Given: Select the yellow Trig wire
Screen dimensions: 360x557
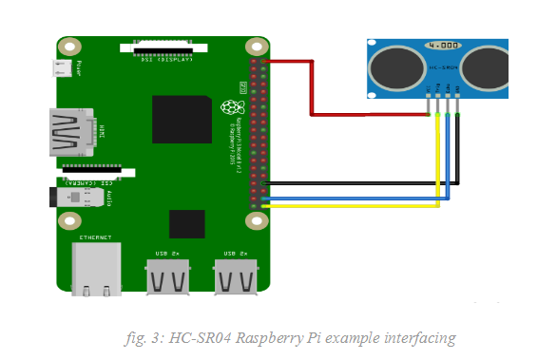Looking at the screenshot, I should [x=352, y=204].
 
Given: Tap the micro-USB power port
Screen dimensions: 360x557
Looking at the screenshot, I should [x=64, y=68].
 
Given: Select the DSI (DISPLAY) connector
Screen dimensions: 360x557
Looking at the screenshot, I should [x=160, y=47].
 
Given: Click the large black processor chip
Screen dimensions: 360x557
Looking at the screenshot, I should [x=182, y=119].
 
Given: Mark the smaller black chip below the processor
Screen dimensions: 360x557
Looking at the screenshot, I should [x=186, y=224].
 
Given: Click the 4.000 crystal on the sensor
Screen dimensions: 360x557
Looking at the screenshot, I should [x=444, y=46].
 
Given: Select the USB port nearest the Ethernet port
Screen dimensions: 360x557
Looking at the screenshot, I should [x=167, y=277].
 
